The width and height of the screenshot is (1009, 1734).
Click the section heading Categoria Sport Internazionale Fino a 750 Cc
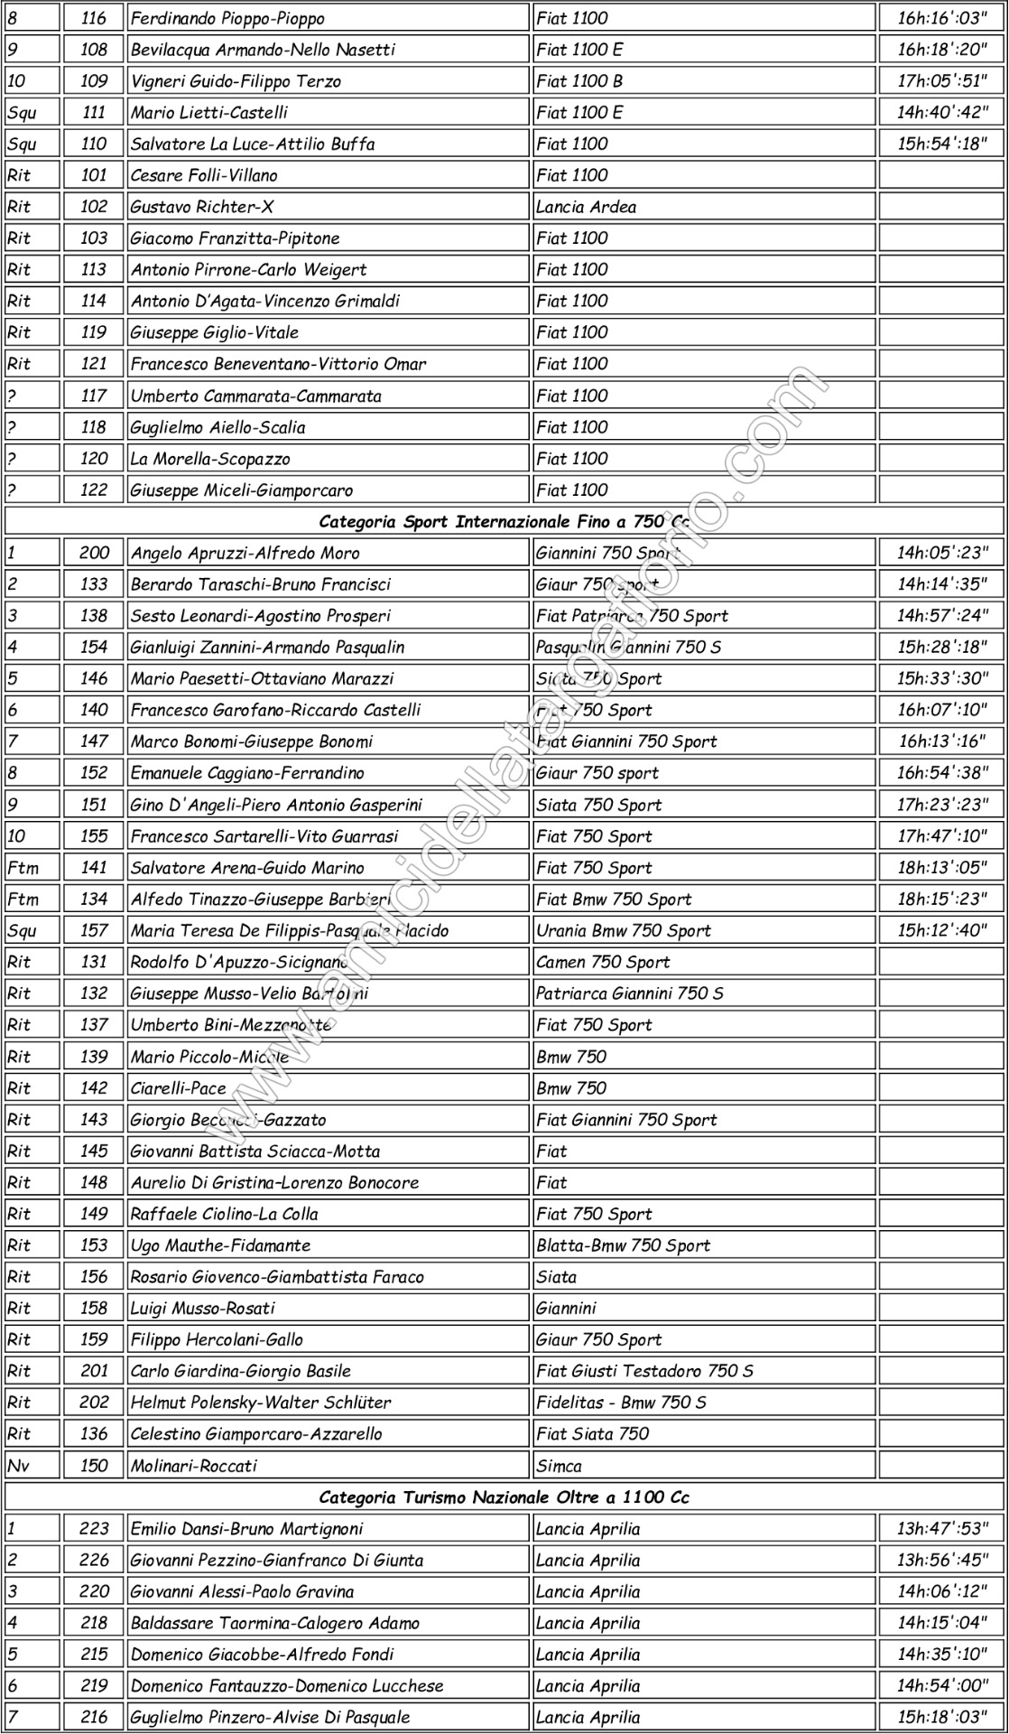(504, 522)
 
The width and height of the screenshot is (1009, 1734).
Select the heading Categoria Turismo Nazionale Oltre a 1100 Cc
(504, 1497)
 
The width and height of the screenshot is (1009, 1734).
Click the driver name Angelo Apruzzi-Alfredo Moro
(245, 554)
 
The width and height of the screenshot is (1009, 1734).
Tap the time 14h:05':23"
(942, 554)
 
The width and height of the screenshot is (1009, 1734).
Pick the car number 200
(94, 554)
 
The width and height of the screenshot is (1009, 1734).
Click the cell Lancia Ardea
(586, 207)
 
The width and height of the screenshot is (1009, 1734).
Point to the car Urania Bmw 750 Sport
(623, 931)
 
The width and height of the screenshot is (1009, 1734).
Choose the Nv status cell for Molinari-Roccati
(19, 1466)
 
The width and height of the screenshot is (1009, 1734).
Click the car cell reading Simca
(559, 1466)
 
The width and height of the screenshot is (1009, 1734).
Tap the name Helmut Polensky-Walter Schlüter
(261, 1403)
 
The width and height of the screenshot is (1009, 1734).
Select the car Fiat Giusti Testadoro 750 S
(644, 1371)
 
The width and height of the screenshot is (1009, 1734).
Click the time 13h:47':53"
(942, 1529)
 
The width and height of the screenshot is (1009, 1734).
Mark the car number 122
(94, 490)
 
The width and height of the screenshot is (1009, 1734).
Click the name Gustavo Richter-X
(202, 207)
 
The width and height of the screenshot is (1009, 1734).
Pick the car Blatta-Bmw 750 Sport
(623, 1245)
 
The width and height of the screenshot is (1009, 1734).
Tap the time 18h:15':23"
(942, 900)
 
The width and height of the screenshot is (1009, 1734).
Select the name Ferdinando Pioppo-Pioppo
(227, 18)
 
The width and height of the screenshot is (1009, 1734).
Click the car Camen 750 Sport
(603, 962)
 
